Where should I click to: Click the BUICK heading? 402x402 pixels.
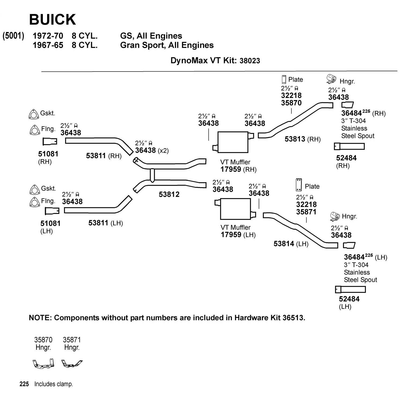click(x=53, y=20)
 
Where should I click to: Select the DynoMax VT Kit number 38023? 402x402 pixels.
click(x=250, y=61)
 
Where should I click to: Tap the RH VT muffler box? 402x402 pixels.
click(x=233, y=142)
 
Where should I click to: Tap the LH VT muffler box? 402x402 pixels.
click(x=235, y=209)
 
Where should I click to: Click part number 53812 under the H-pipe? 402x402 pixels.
click(x=169, y=194)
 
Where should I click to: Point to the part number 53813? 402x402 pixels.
click(x=295, y=139)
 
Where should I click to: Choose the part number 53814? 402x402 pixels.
click(x=284, y=244)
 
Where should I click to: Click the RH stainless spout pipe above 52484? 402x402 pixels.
click(x=349, y=146)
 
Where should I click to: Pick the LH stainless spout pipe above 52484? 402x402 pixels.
click(x=350, y=289)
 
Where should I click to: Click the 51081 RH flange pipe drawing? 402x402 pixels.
click(x=50, y=141)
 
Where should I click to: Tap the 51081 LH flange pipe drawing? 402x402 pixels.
click(x=52, y=211)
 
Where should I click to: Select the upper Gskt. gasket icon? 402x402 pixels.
click(x=33, y=114)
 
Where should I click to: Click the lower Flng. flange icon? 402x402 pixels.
click(x=34, y=202)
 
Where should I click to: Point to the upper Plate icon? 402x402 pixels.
click(x=284, y=80)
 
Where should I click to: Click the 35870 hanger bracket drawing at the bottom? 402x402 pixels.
click(x=43, y=364)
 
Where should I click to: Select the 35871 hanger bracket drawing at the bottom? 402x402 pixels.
click(x=72, y=363)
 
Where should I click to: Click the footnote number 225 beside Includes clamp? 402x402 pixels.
click(x=24, y=384)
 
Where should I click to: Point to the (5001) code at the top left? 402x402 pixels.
click(x=13, y=36)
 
